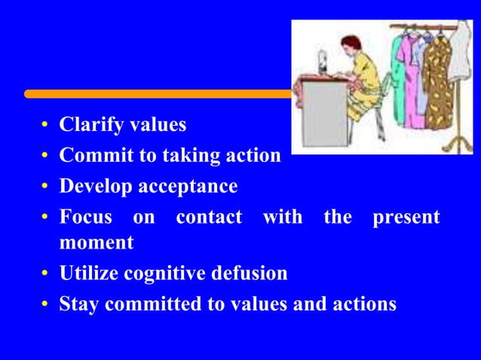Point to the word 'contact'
coord(209,218)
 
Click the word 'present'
coord(406,218)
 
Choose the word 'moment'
coord(96,243)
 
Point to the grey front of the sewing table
coord(326,121)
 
